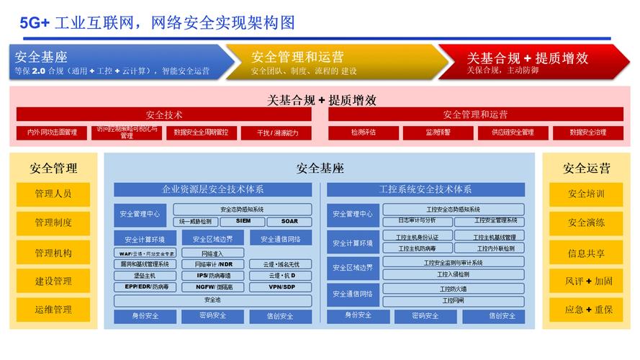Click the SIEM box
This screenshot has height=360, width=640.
244,221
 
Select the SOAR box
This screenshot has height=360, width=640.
289,221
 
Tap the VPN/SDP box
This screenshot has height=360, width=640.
281,287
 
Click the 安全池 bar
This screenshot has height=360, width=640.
212,300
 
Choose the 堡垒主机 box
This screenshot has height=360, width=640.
144,276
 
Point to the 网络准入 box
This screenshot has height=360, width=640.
212,253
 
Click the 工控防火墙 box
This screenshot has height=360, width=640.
453,289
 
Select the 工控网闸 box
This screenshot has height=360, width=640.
453,300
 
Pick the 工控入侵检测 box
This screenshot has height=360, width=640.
453,274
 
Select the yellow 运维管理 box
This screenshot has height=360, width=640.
53,310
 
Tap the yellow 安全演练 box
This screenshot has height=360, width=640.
585,223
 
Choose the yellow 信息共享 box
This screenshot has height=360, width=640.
585,253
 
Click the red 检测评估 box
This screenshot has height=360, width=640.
364,132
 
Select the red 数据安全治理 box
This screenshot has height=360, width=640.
587,132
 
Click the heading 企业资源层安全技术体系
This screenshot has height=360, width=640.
212,189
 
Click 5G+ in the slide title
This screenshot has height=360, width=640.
35,23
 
